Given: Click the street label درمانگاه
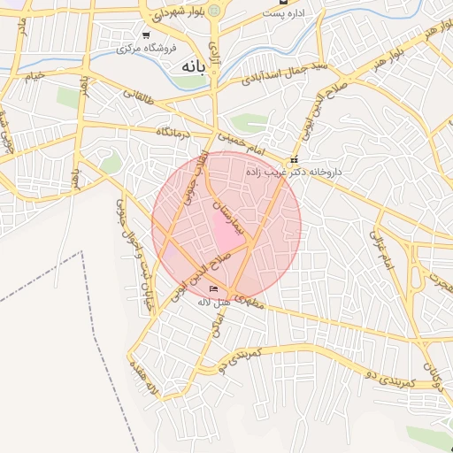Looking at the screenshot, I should [x=175, y=132].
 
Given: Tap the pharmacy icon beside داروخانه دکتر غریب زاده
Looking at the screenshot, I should [x=295, y=160].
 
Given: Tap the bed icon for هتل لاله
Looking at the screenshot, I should [x=213, y=289].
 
